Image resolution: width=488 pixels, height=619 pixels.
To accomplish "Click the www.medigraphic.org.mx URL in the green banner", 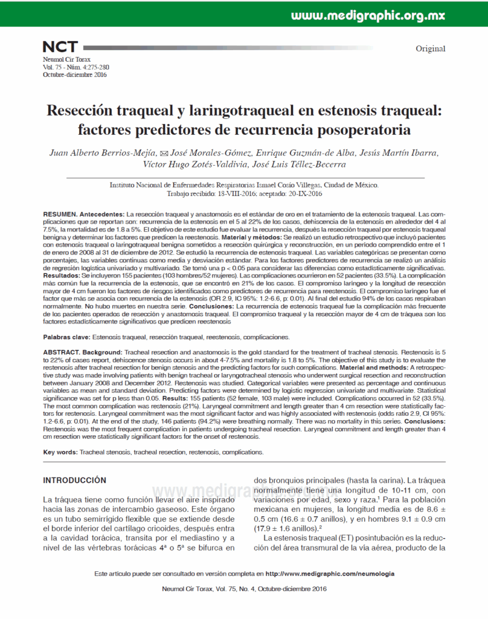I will (384, 16).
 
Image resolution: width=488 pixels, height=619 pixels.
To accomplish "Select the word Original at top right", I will (430, 49).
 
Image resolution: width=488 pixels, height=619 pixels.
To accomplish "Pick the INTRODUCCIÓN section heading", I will (74, 480).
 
